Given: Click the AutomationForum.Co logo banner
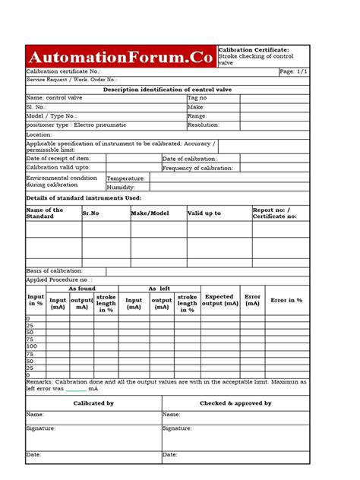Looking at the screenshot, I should [121, 56].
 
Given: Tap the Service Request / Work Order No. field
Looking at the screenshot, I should [72, 79].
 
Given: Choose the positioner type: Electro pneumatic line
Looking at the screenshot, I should [72, 125].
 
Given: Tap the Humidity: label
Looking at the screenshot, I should [122, 186].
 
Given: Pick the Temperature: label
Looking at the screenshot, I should [125, 178].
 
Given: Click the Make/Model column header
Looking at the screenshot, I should [150, 213].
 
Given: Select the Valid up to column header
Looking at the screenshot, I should [204, 213].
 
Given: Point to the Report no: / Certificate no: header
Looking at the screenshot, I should [275, 213].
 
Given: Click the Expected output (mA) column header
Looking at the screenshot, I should [219, 301].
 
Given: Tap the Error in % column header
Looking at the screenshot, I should [286, 301].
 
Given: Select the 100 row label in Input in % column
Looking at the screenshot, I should [32, 346].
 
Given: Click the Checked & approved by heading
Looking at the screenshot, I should [235, 403].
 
